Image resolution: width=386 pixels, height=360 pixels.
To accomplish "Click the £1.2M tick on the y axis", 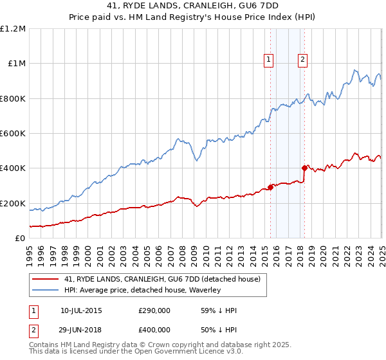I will [x=13, y=29].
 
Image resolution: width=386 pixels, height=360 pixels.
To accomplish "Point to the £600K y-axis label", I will [x=13, y=134].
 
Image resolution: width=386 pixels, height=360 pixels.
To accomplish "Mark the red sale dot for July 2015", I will [x=270, y=188].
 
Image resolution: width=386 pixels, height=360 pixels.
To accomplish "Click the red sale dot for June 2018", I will [x=304, y=168].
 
